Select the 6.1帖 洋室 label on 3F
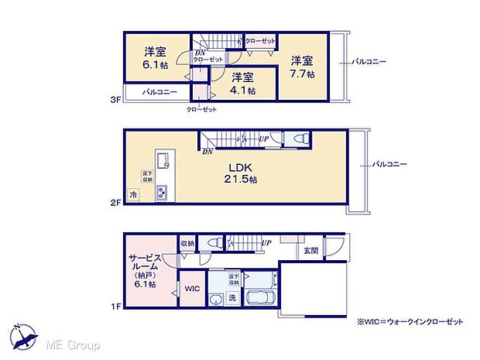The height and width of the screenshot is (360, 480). [155, 59]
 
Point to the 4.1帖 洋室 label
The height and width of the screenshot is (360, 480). [243, 83]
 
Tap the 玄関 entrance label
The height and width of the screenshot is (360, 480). [310, 250]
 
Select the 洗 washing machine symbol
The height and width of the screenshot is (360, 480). [231, 298]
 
